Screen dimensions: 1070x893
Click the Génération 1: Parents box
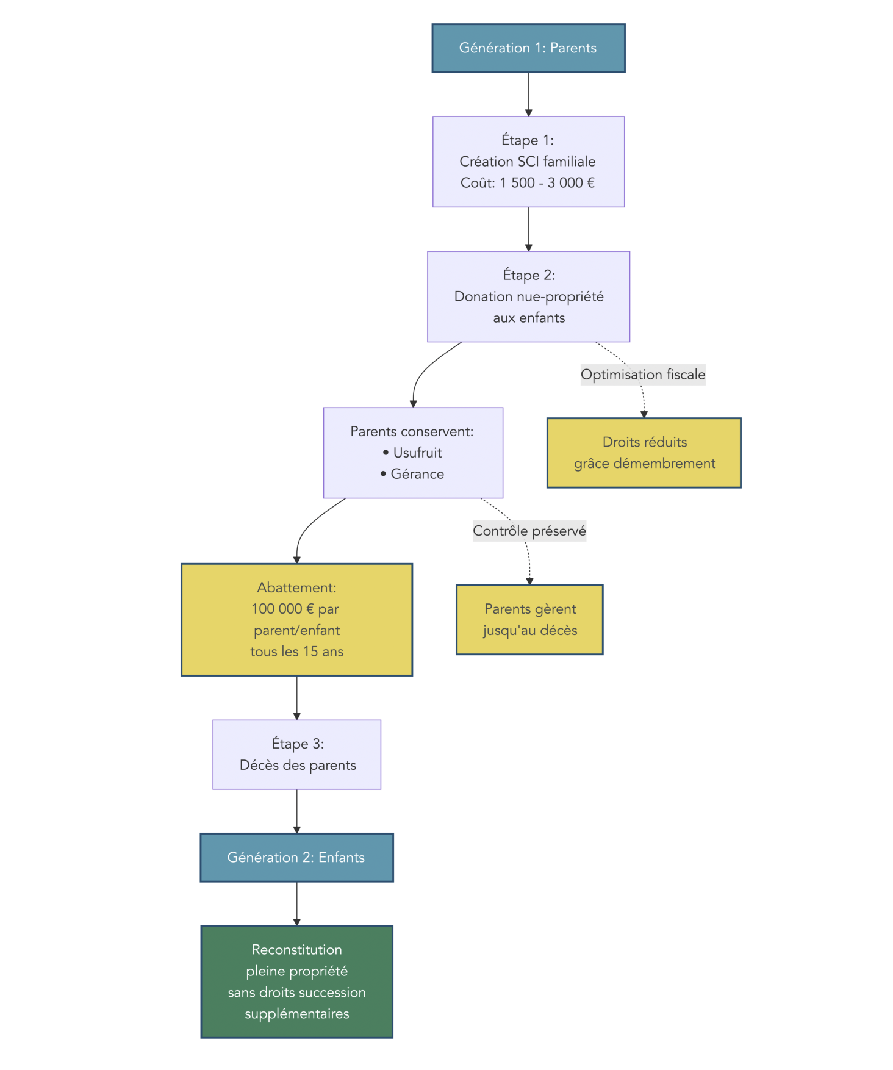pos(528,48)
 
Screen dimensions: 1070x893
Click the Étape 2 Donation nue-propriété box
pos(528,296)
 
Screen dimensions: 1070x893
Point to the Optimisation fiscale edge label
pos(642,375)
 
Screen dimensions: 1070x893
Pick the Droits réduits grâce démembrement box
pos(644,453)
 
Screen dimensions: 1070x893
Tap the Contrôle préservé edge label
pos(529,531)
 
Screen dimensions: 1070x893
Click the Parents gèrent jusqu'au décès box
pos(529,620)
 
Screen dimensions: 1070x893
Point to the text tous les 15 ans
pos(296,652)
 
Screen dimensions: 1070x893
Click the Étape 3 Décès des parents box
pos(296,755)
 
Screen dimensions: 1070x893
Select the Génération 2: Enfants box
pos(296,857)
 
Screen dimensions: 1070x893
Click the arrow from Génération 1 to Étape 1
pos(528,95)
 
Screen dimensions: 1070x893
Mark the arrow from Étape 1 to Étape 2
pos(528,229)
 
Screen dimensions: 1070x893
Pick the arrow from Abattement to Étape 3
pos(296,698)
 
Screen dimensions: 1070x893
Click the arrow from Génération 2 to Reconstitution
pos(296,903)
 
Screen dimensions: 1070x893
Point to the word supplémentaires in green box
pos(296,1014)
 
